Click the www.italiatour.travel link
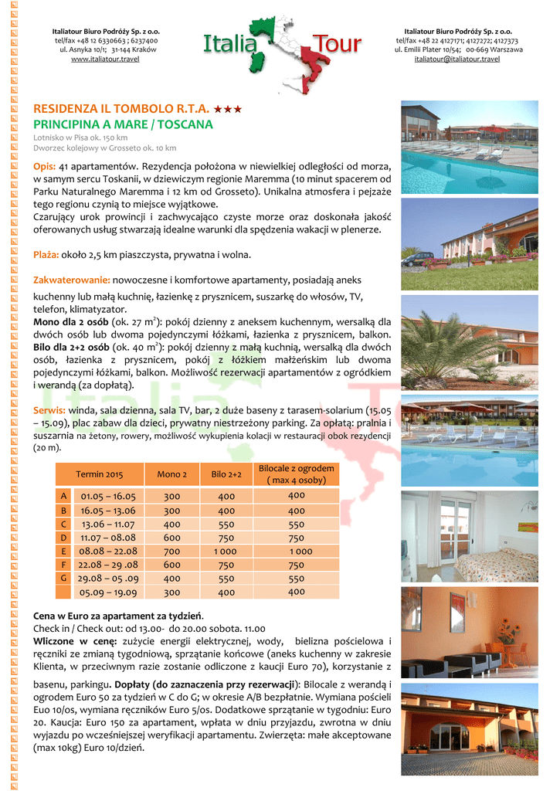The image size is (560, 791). pos(105,59)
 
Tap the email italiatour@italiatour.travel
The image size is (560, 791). pos(456,59)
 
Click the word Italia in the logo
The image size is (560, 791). pos(229,46)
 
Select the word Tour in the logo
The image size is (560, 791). pos(336,46)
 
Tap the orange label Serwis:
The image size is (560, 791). pos(50,410)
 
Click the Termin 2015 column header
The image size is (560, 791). pos(100,474)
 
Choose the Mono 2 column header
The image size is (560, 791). pos(171,474)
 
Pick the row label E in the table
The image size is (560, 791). pos(63,552)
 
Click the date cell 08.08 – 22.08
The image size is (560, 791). pos(108,552)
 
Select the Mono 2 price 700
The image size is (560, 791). pos(171,552)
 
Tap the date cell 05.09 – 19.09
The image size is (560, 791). pos(108,592)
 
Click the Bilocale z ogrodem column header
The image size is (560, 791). pos(297,474)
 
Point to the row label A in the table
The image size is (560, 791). pos(63,496)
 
